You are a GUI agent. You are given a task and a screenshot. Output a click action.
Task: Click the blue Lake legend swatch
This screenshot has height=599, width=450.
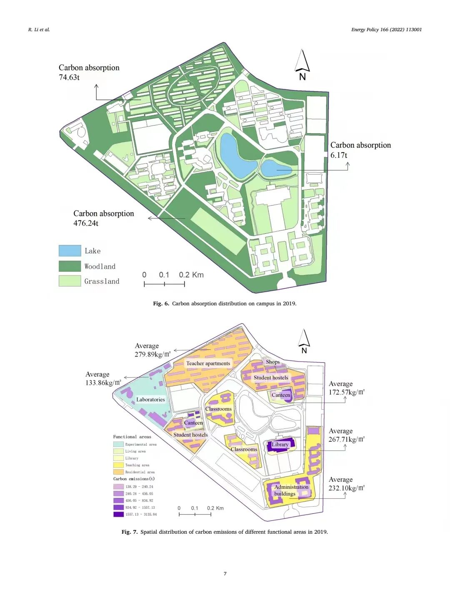pyautogui.click(x=70, y=250)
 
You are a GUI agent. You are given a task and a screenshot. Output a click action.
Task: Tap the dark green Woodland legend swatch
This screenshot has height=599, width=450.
pyautogui.click(x=70, y=266)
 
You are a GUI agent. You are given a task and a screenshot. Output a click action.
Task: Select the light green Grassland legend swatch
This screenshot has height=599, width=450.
pyautogui.click(x=70, y=281)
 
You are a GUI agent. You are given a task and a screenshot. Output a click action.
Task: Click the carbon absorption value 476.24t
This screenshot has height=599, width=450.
pyautogui.click(x=86, y=223)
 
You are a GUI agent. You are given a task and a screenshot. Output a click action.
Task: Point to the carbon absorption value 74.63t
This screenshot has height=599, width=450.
pyautogui.click(x=69, y=77)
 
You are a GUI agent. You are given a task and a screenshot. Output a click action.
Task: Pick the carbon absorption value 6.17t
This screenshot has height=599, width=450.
pyautogui.click(x=339, y=155)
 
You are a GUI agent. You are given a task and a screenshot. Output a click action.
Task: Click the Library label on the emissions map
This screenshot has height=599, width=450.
pyautogui.click(x=280, y=445)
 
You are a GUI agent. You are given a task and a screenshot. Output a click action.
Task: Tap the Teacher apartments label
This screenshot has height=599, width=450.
pyautogui.click(x=208, y=364)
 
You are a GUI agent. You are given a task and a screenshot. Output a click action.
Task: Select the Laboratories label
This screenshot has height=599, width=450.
pyautogui.click(x=150, y=400)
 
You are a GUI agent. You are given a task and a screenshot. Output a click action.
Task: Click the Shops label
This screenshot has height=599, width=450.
pyautogui.click(x=273, y=362)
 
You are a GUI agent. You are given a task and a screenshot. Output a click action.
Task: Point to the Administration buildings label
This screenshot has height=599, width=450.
pyautogui.click(x=291, y=490)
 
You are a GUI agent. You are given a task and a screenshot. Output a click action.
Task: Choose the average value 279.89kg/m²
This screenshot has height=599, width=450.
pyautogui.click(x=152, y=354)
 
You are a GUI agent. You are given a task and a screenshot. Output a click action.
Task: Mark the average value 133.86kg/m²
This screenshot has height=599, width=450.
pyautogui.click(x=103, y=383)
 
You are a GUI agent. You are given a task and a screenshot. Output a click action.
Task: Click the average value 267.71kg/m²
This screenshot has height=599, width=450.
pyautogui.click(x=346, y=440)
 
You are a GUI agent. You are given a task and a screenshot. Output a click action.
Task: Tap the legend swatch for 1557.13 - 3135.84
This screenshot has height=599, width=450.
pyautogui.click(x=118, y=514)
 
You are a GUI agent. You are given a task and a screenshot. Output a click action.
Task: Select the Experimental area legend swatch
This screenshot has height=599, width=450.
pyautogui.click(x=118, y=444)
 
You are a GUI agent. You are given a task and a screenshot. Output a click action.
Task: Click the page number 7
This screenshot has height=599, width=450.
pyautogui.click(x=225, y=574)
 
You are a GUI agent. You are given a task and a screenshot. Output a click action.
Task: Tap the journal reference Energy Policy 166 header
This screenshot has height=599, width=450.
pyautogui.click(x=386, y=30)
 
